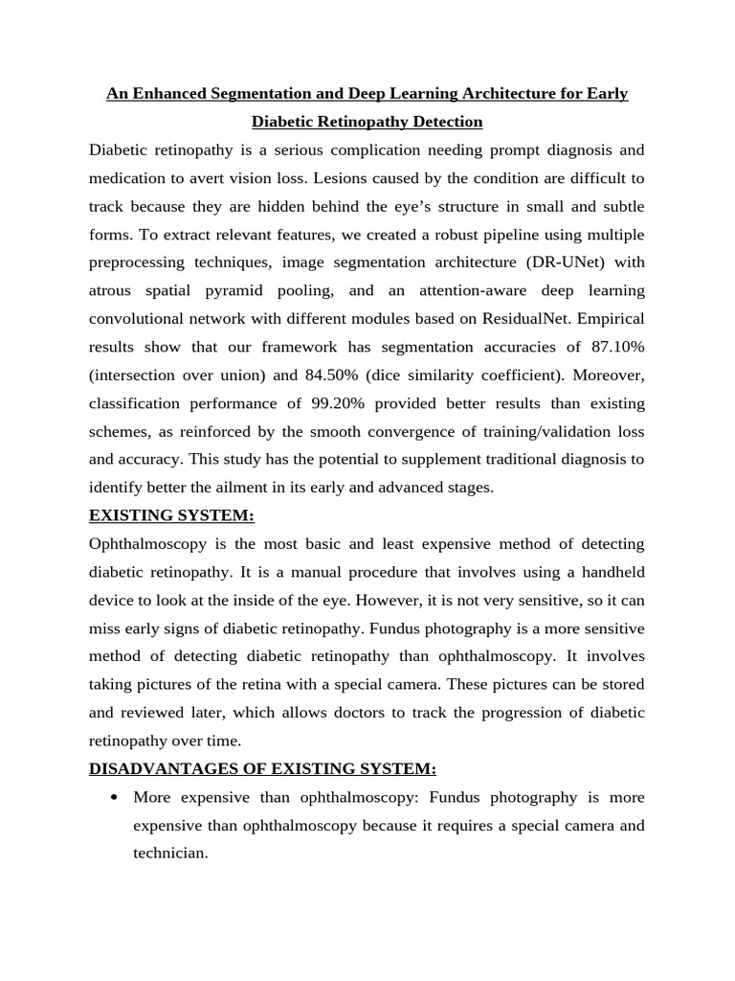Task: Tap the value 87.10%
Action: [613, 347]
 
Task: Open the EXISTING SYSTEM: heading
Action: [171, 515]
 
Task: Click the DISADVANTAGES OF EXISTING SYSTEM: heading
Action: [262, 768]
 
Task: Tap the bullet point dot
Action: [115, 797]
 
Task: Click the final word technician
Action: [169, 853]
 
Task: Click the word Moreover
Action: [606, 375]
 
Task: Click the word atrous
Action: [111, 290]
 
